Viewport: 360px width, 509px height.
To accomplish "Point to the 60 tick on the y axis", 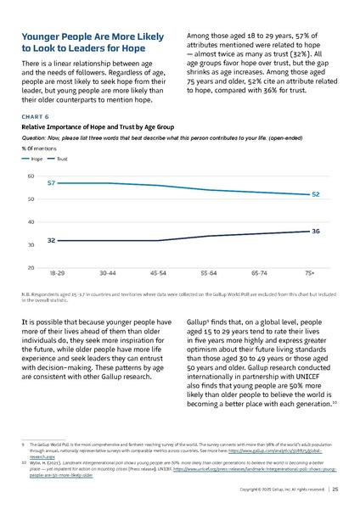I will click(31, 176).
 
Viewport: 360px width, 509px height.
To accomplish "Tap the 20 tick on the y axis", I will click(31, 268).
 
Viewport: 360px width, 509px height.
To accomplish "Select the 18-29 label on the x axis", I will click(58, 274).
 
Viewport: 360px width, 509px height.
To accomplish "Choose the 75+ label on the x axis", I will click(310, 274).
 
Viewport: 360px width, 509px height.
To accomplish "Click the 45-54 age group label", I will click(158, 274).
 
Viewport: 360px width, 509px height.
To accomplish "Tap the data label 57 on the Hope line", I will click(52, 183).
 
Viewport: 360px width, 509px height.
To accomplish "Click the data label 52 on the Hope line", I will click(315, 194).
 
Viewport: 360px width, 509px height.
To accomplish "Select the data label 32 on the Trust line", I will click(52, 241).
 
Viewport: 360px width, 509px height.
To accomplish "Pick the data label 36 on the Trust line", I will click(315, 231).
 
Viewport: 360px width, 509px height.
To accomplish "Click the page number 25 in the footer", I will click(336, 489).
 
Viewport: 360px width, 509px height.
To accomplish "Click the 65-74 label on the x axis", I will click(259, 274).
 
